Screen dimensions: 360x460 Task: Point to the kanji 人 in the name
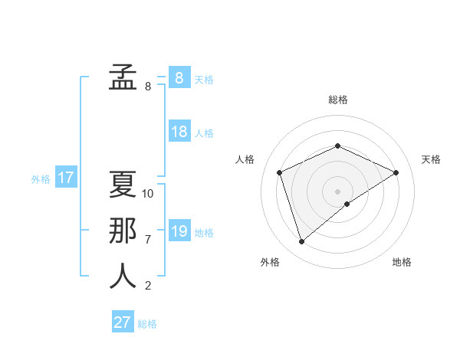[x=123, y=276]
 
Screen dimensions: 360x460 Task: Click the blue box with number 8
[x=179, y=77]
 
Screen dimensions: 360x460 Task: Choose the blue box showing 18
[x=179, y=132]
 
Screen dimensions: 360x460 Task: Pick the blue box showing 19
[x=179, y=231]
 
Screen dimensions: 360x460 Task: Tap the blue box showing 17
[x=65, y=178]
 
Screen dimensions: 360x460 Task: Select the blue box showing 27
[x=122, y=322]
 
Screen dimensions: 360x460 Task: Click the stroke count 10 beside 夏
[x=148, y=194]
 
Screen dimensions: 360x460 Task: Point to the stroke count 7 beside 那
[x=148, y=240]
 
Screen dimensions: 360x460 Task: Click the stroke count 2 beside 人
[x=148, y=286]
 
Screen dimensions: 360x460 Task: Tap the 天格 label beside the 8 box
[x=203, y=79]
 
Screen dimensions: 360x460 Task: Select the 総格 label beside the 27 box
[x=147, y=324]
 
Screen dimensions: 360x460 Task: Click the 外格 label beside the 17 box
[x=41, y=180]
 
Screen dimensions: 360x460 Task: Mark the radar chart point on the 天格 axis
[x=396, y=172]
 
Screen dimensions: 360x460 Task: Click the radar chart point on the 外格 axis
[x=301, y=242]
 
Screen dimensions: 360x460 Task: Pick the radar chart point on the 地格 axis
[x=347, y=204]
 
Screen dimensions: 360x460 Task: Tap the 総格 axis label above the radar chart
[x=338, y=100]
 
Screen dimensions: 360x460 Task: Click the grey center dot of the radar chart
[x=337, y=191]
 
